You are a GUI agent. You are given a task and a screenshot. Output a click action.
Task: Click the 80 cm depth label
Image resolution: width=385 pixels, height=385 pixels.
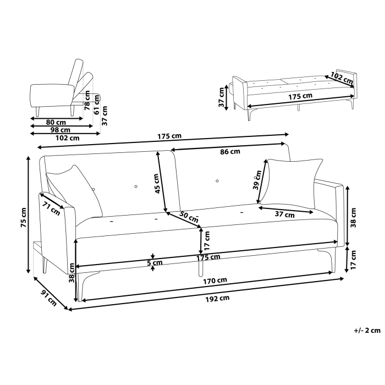(56, 122)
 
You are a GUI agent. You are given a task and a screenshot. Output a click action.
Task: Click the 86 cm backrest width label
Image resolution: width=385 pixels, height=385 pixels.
(229, 152)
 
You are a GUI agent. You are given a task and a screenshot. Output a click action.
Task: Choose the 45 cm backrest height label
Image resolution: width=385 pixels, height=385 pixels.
(157, 184)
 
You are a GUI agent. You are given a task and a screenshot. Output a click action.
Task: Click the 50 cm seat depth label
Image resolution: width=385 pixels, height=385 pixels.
(189, 217)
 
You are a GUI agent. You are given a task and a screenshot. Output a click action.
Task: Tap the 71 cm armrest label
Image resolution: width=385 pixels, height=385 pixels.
(51, 208)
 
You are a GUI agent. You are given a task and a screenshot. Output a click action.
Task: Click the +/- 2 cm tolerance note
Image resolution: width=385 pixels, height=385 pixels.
(367, 330)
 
